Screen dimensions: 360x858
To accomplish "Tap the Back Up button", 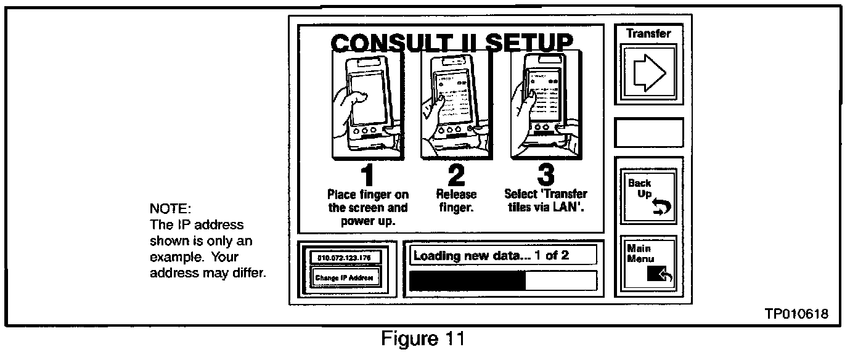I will click(648, 196).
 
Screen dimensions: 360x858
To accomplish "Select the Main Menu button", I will click(648, 263).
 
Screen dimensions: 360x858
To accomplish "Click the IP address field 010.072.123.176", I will click(346, 257).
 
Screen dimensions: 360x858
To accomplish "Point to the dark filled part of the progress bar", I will click(467, 280).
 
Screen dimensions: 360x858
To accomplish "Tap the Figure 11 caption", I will click(422, 340).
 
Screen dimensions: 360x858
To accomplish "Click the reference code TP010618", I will click(796, 314).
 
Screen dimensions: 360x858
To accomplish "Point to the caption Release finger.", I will click(457, 201).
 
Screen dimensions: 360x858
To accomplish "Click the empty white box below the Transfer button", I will click(649, 133).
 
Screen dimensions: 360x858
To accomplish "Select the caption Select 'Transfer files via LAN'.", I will click(545, 201).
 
